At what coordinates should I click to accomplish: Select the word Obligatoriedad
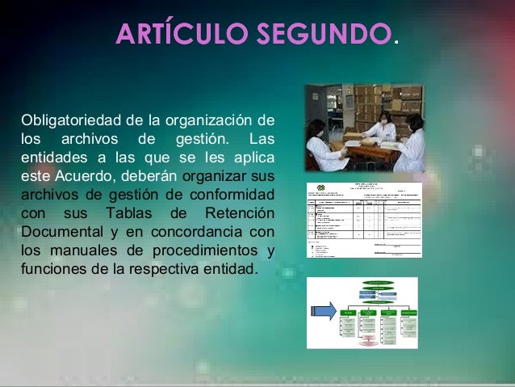(x=66, y=121)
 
